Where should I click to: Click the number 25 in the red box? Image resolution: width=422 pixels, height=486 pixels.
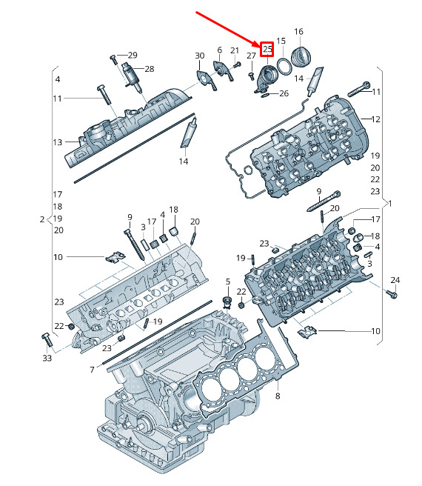tap(267, 49)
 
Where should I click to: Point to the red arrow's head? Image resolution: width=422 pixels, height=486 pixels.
tap(260, 45)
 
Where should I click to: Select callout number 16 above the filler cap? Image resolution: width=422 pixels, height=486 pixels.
tap(298, 32)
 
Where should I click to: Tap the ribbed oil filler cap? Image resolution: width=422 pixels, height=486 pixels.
tap(302, 57)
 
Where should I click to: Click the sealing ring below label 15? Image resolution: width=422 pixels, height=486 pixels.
tap(284, 67)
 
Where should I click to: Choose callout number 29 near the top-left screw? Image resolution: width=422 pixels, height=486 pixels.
tap(133, 55)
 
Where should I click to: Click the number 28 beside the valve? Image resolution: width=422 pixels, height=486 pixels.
tap(150, 69)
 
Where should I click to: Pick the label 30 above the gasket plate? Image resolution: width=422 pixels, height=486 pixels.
tap(200, 56)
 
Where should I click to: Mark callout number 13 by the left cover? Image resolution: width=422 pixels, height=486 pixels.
tap(57, 142)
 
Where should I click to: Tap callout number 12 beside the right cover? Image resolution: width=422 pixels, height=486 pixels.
tap(375, 119)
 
